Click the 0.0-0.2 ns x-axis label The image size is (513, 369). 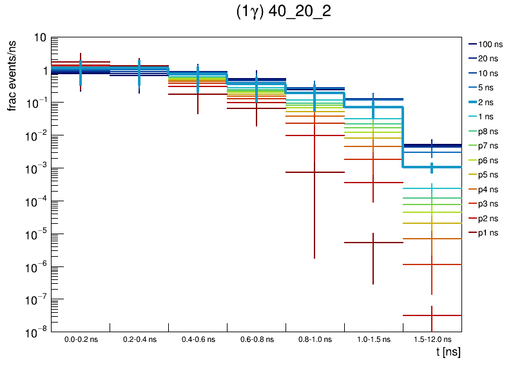(x=81, y=339)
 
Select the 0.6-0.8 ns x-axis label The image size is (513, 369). (x=256, y=339)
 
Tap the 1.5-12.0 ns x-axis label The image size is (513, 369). (x=431, y=339)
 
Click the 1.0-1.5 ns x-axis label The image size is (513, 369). (x=373, y=339)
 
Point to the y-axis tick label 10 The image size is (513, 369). (x=39, y=38)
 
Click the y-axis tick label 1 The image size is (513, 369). (x=43, y=70)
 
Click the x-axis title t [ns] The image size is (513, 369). (x=447, y=352)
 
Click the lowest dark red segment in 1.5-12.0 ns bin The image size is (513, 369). (x=432, y=315)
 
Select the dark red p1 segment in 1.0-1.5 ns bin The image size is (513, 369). (x=373, y=243)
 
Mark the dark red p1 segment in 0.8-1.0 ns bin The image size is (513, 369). (x=315, y=172)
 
